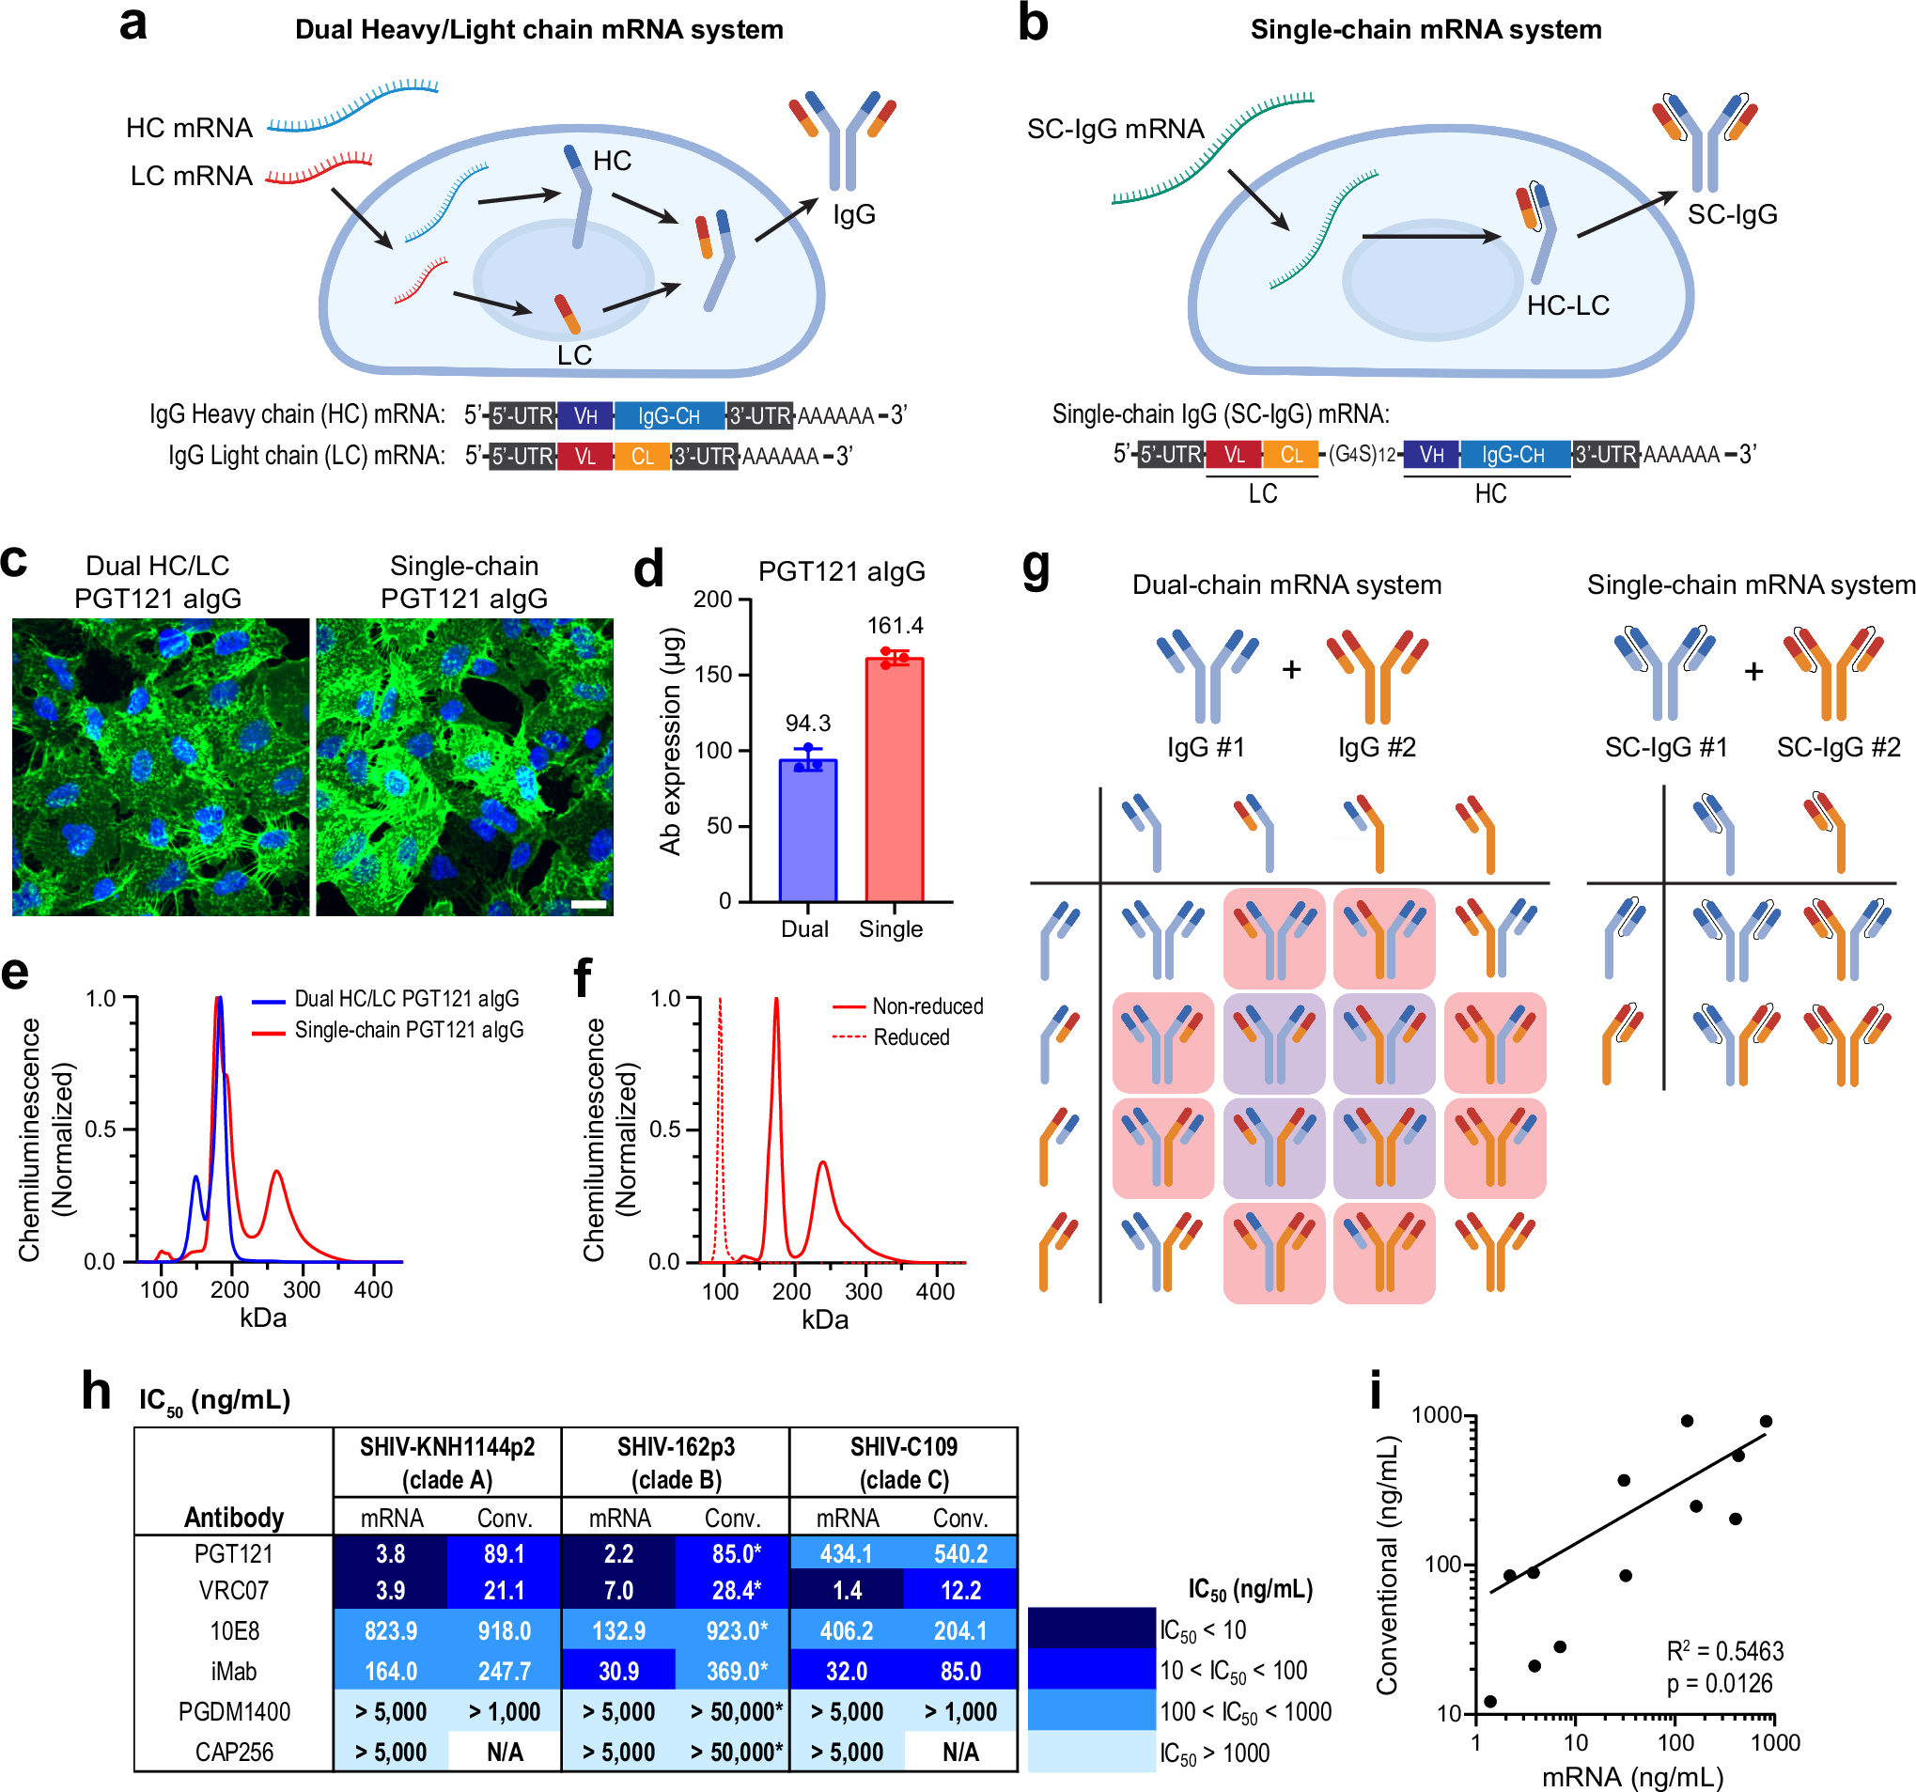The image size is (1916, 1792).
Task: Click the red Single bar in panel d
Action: pos(895,781)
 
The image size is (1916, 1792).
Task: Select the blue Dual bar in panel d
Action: pos(807,831)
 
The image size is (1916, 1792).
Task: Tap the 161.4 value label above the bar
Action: pos(895,626)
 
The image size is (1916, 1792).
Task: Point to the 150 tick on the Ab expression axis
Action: pos(713,675)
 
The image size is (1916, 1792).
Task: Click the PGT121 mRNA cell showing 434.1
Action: pos(847,1554)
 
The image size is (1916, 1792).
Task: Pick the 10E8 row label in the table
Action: pos(234,1631)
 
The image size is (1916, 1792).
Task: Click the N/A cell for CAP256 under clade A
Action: pos(504,1752)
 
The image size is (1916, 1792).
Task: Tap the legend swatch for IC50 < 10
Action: pos(1091,1629)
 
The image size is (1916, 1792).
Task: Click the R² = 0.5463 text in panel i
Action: pos(1724,1651)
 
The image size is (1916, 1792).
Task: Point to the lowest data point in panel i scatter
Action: pos(1490,1702)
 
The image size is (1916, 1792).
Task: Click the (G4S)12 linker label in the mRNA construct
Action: pos(1362,454)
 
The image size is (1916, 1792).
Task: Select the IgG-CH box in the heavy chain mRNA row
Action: pos(669,416)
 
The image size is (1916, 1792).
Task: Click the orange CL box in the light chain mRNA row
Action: pos(642,457)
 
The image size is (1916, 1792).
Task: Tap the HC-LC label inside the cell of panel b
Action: pos(1567,305)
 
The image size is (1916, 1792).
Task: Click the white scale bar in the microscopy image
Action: pos(588,904)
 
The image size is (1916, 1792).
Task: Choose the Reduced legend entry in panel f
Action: pos(910,1037)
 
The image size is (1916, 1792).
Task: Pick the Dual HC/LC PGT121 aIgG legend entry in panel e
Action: pos(406,999)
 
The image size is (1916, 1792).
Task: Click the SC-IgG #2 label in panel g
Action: pos(1838,747)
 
